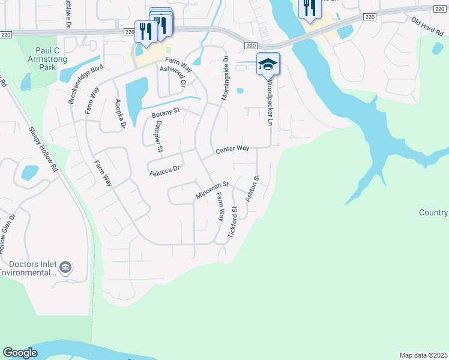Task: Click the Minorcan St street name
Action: [x=212, y=191]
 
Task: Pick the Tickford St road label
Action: [x=234, y=224]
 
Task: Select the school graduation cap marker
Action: [x=268, y=64]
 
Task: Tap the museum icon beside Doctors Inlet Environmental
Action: [x=65, y=267]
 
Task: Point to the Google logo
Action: [x=20, y=353]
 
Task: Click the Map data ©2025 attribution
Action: [x=423, y=355]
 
